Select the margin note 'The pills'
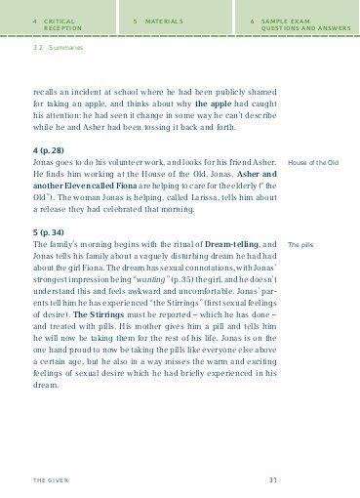click(x=300, y=243)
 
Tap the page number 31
click(x=274, y=479)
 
